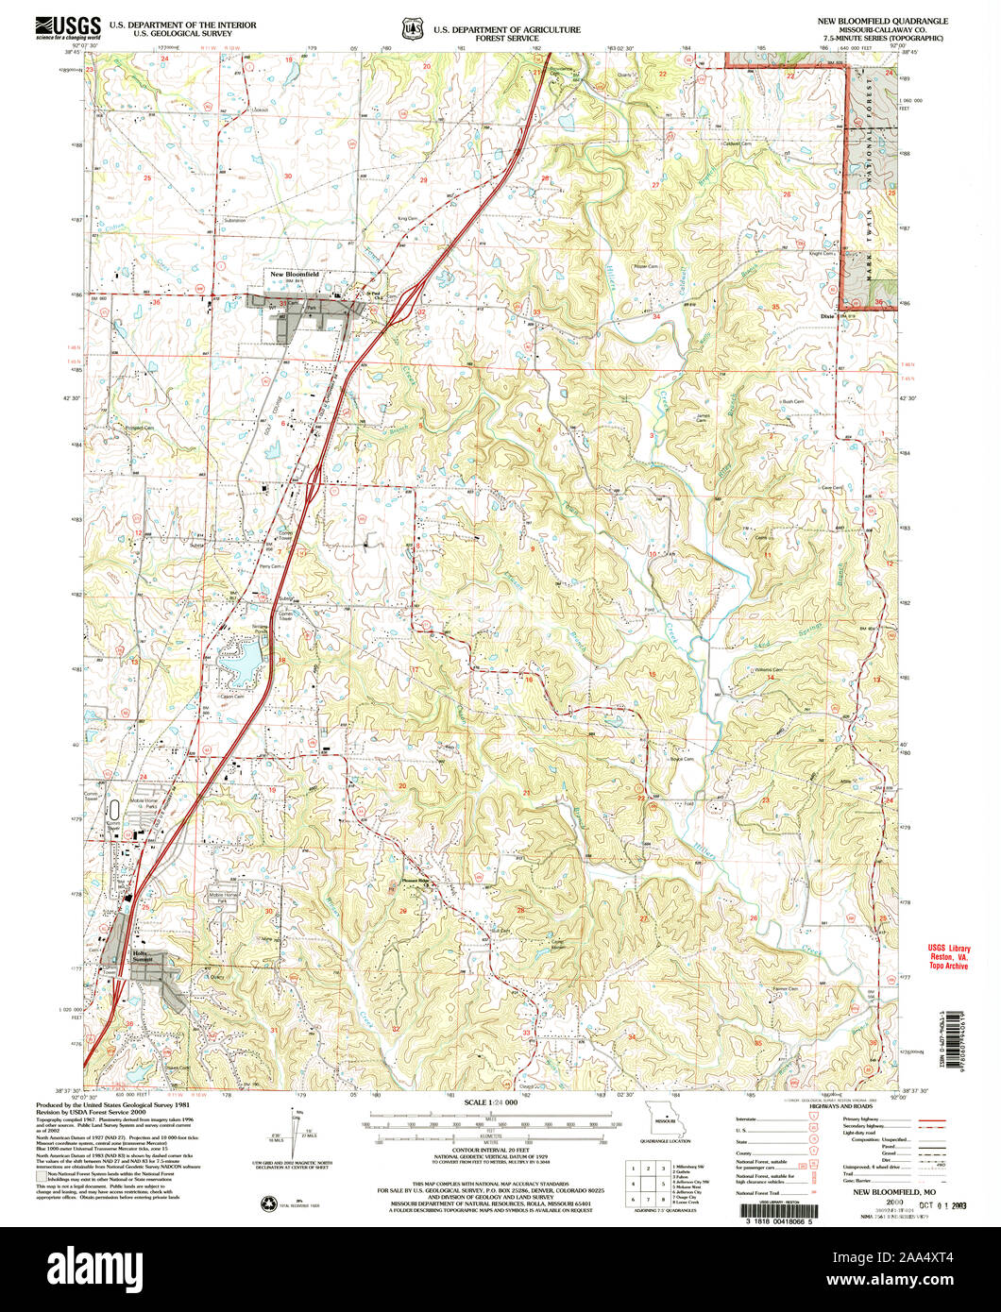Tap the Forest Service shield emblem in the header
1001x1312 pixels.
412,29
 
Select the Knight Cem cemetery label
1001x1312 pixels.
820,253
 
